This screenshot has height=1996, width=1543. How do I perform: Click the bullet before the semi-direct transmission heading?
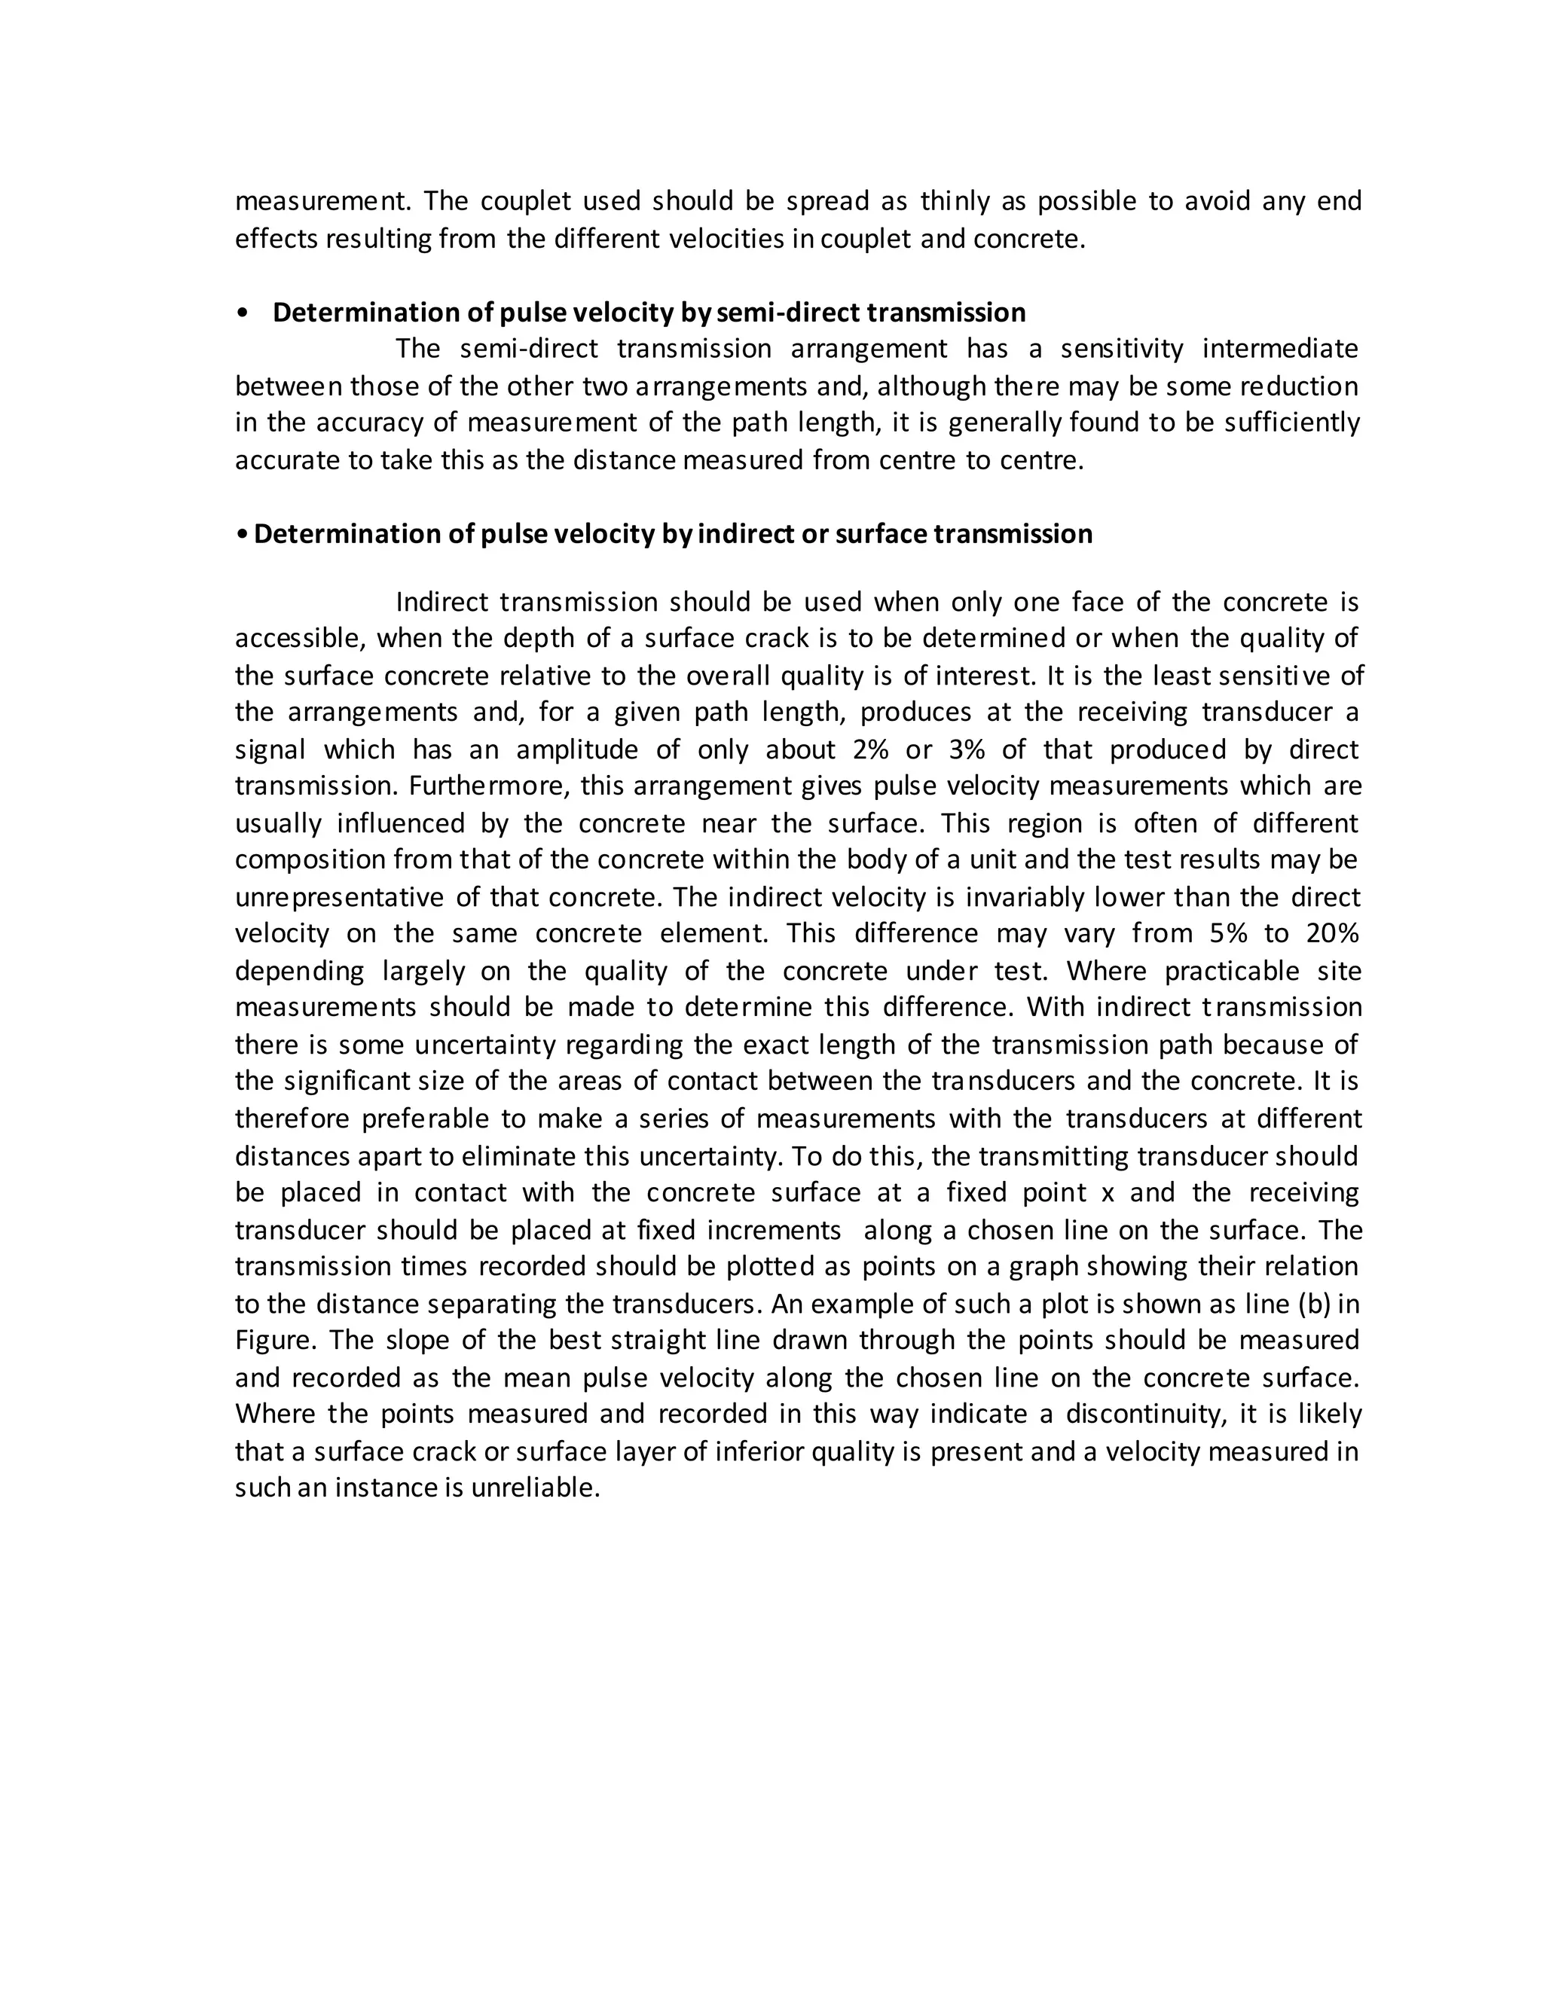[243, 313]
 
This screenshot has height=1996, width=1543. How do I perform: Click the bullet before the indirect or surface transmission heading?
[240, 534]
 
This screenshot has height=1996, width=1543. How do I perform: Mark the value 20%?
[1333, 933]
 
